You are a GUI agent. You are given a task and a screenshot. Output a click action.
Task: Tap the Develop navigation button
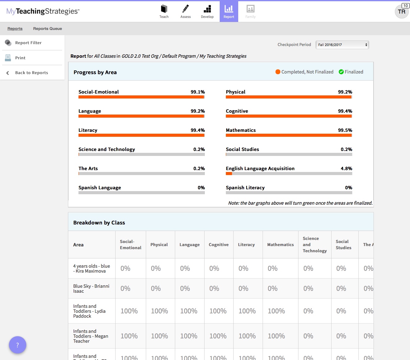point(207,11)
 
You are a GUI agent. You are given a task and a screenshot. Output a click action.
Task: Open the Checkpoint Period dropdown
point(342,45)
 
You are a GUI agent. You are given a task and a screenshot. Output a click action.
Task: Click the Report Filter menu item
point(28,43)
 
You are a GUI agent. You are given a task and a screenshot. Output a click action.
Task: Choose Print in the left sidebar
point(20,58)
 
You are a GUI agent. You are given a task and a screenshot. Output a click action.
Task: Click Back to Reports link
point(32,73)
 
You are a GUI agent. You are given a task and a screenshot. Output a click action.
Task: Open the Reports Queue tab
point(48,29)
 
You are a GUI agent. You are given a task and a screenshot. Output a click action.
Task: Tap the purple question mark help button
point(18,345)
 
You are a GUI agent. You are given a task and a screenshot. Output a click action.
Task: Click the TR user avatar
point(402,12)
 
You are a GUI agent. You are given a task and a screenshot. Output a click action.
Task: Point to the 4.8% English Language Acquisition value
point(346,169)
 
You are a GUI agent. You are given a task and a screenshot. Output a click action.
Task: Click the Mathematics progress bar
point(289,135)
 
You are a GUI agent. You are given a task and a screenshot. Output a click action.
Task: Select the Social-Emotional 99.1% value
point(198,92)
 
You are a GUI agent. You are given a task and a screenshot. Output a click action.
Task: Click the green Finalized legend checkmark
point(341,72)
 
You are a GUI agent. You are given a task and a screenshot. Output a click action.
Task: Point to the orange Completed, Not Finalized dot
point(278,72)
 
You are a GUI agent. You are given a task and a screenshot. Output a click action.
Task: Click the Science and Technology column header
point(315,245)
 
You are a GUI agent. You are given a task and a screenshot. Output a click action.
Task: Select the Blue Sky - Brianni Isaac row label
point(91,288)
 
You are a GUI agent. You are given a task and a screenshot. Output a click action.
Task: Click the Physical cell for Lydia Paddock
point(159,311)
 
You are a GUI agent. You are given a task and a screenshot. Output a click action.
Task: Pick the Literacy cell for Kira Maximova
point(243,268)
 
